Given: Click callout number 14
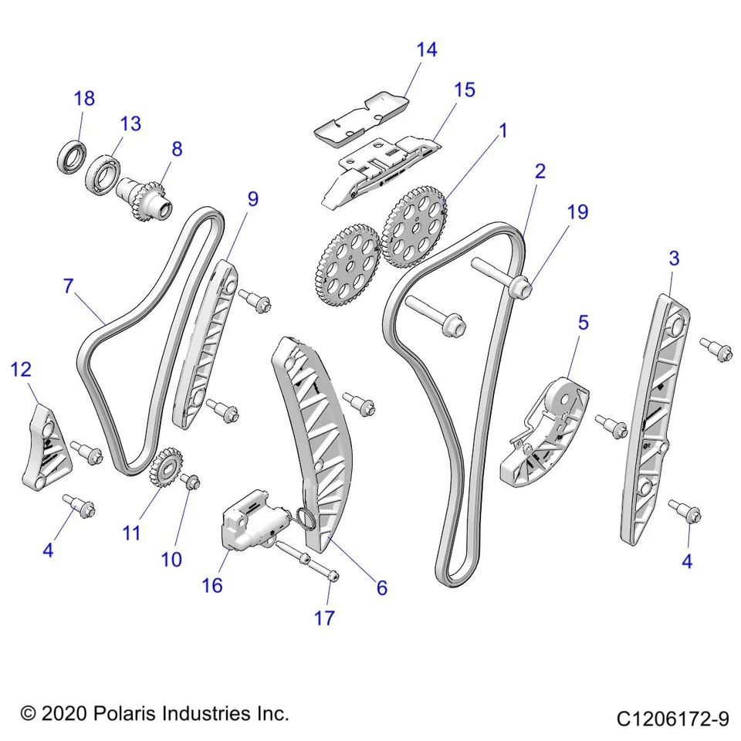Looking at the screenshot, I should point(426,50).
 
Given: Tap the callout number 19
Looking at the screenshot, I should point(577,211).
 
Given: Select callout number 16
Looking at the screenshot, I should point(211,585).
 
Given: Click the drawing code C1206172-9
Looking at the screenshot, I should point(672,719).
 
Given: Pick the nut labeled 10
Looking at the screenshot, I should point(191,482).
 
